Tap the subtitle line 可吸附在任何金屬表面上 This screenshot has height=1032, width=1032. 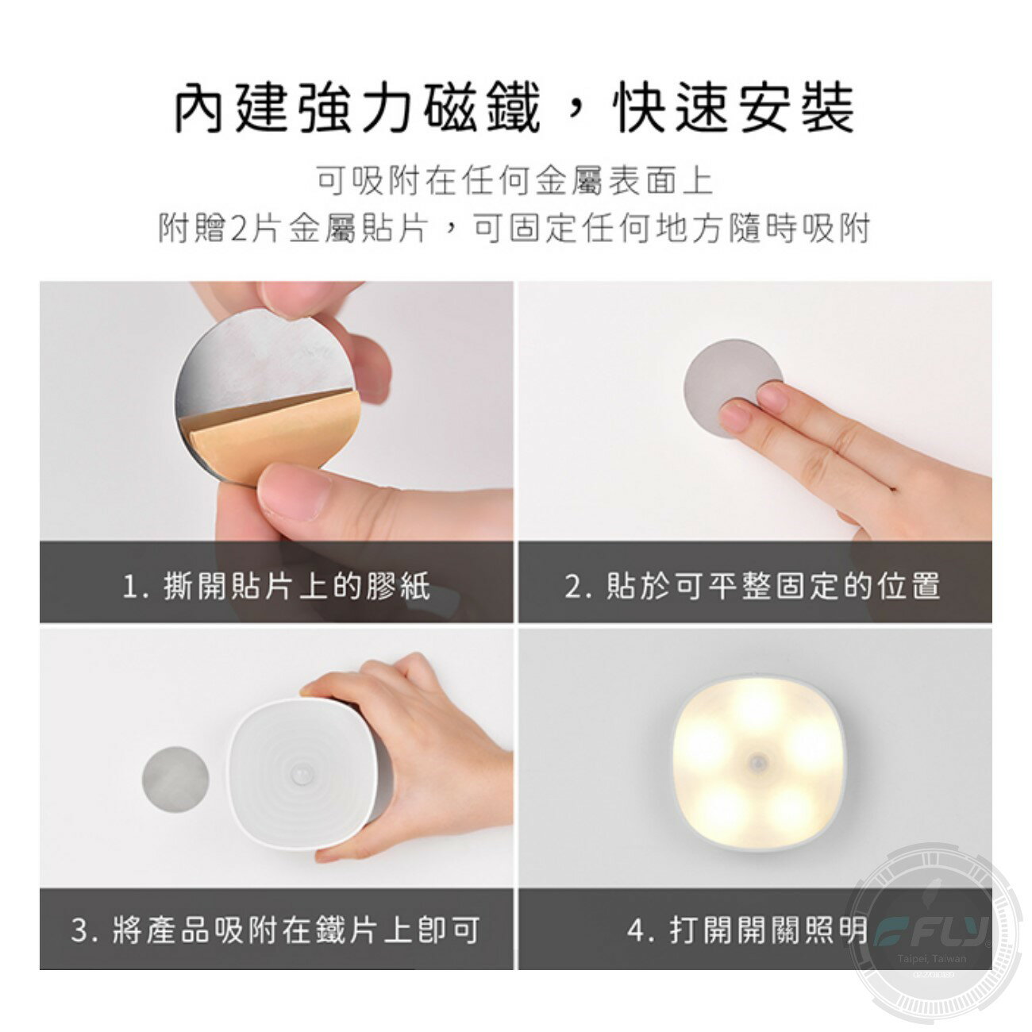(x=514, y=182)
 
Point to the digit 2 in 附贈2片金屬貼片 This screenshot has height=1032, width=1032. (x=241, y=229)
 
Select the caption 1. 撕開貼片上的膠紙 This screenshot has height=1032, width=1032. (x=275, y=587)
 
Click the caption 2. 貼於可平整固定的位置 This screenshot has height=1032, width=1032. (x=753, y=587)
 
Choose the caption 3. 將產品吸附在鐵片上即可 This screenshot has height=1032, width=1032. (x=275, y=930)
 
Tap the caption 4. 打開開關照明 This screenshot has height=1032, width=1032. (x=746, y=930)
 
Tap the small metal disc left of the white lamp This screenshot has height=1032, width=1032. (x=175, y=779)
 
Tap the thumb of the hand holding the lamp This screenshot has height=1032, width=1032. (x=349, y=849)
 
